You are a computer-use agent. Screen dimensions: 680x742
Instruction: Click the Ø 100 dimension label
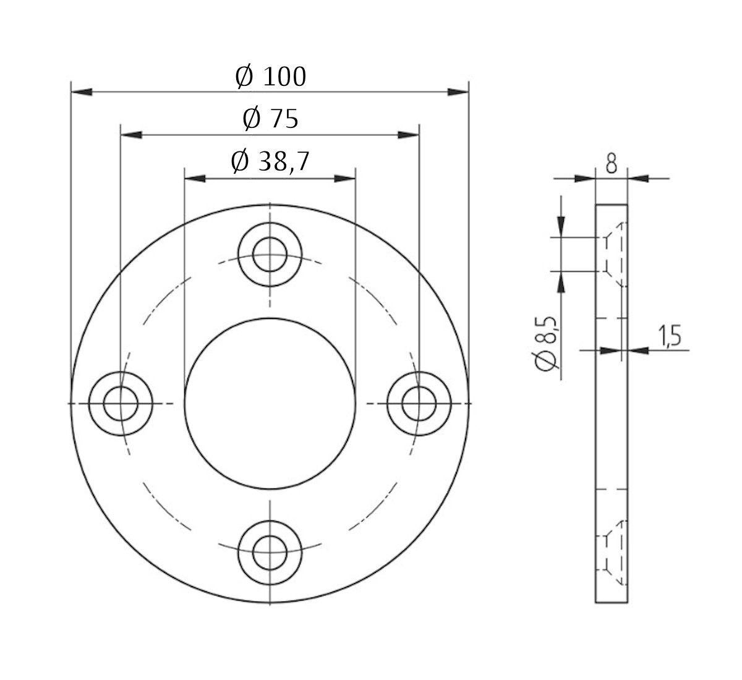pos(270,77)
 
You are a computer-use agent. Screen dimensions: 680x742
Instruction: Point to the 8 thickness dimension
pos(611,164)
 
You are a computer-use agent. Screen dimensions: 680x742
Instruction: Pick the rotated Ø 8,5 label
pos(547,344)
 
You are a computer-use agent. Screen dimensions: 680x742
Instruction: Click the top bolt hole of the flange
pos(270,255)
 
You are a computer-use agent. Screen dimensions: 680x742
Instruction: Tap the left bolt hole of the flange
pos(121,404)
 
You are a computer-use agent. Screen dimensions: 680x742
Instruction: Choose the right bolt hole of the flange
pos(419,404)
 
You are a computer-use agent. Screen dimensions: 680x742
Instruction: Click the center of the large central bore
pos(270,404)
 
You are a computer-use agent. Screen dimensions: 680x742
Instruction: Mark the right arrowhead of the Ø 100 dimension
pos(458,91)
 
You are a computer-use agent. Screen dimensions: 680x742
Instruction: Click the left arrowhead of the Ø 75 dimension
pos(131,134)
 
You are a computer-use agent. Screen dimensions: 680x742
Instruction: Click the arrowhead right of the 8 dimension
pos(638,179)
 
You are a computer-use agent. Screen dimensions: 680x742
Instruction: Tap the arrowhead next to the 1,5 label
pos(638,351)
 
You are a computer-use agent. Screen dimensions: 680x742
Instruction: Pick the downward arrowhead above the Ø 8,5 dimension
pos(560,226)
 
